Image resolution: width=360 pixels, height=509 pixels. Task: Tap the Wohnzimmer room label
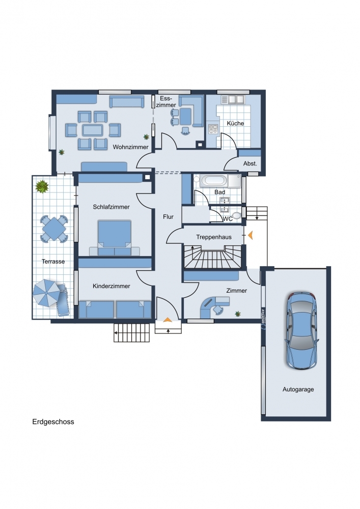[130, 147]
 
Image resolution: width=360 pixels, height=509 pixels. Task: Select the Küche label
[235, 123]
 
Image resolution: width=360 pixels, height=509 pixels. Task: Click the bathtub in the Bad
[213, 181]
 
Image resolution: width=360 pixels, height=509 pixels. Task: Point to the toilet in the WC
[237, 215]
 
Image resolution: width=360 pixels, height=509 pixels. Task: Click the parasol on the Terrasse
[46, 293]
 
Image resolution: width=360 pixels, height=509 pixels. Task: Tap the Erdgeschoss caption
[53, 421]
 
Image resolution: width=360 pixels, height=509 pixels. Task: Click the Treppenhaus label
[214, 237]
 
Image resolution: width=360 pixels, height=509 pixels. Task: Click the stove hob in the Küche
[213, 129]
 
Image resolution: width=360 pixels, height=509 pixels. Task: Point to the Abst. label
[250, 163]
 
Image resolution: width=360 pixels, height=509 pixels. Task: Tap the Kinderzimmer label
[112, 286]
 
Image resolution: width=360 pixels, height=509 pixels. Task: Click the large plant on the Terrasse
[42, 187]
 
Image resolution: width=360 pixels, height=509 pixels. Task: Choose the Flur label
[168, 216]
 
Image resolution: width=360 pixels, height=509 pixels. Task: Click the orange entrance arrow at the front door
[168, 320]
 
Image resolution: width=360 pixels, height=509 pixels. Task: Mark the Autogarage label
[298, 389]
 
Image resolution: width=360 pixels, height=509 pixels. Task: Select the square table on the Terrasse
[54, 229]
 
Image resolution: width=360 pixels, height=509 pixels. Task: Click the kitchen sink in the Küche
[236, 99]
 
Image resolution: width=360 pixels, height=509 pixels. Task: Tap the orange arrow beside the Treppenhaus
[251, 235]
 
